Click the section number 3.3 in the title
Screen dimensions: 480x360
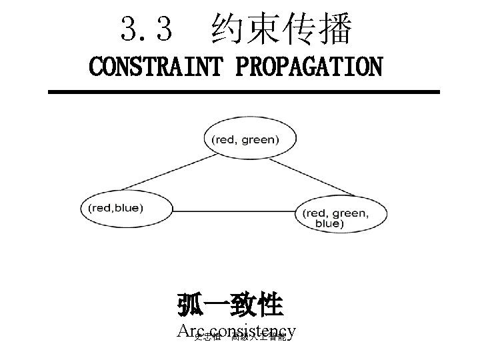coord(147,29)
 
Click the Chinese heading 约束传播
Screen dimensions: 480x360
coord(281,29)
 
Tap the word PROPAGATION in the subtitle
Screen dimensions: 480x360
coord(311,67)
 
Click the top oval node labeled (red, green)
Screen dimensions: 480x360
coord(245,139)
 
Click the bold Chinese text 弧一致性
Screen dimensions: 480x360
coord(231,305)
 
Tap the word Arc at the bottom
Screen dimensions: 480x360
coord(192,331)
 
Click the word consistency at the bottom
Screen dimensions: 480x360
coord(257,331)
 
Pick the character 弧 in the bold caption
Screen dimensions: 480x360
coord(190,305)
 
